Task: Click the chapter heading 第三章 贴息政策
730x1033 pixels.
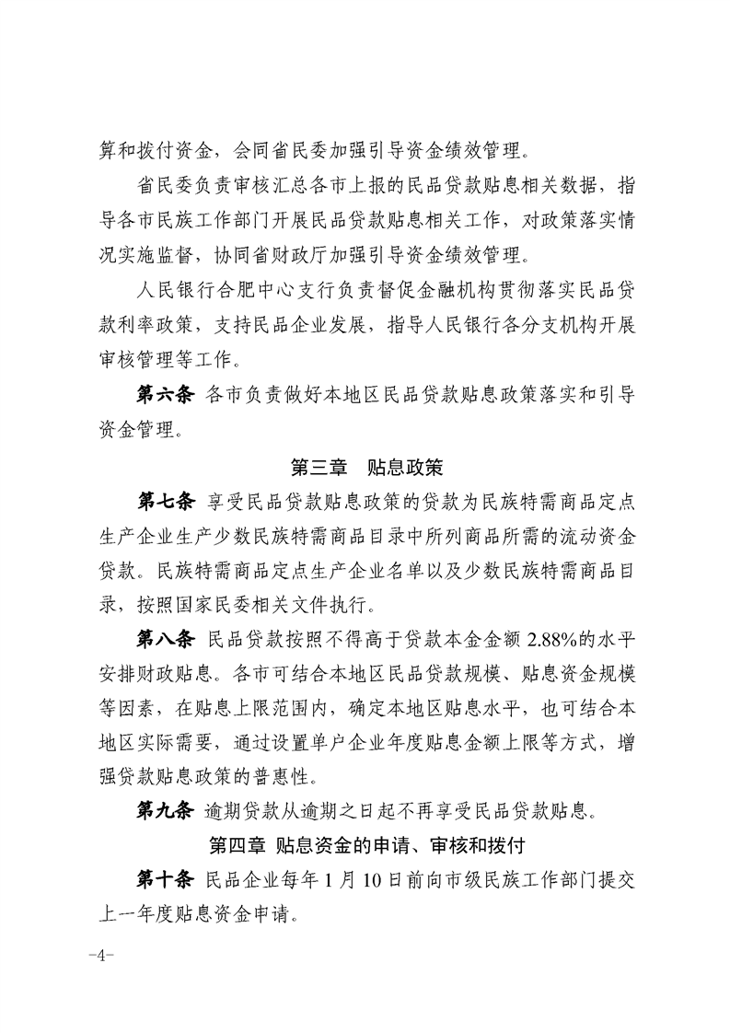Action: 365,467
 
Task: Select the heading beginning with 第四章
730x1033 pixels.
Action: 365,844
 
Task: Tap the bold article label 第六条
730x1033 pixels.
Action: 166,396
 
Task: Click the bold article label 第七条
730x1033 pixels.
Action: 166,502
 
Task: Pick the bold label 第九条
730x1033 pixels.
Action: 166,811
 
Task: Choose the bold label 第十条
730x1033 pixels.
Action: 166,878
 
